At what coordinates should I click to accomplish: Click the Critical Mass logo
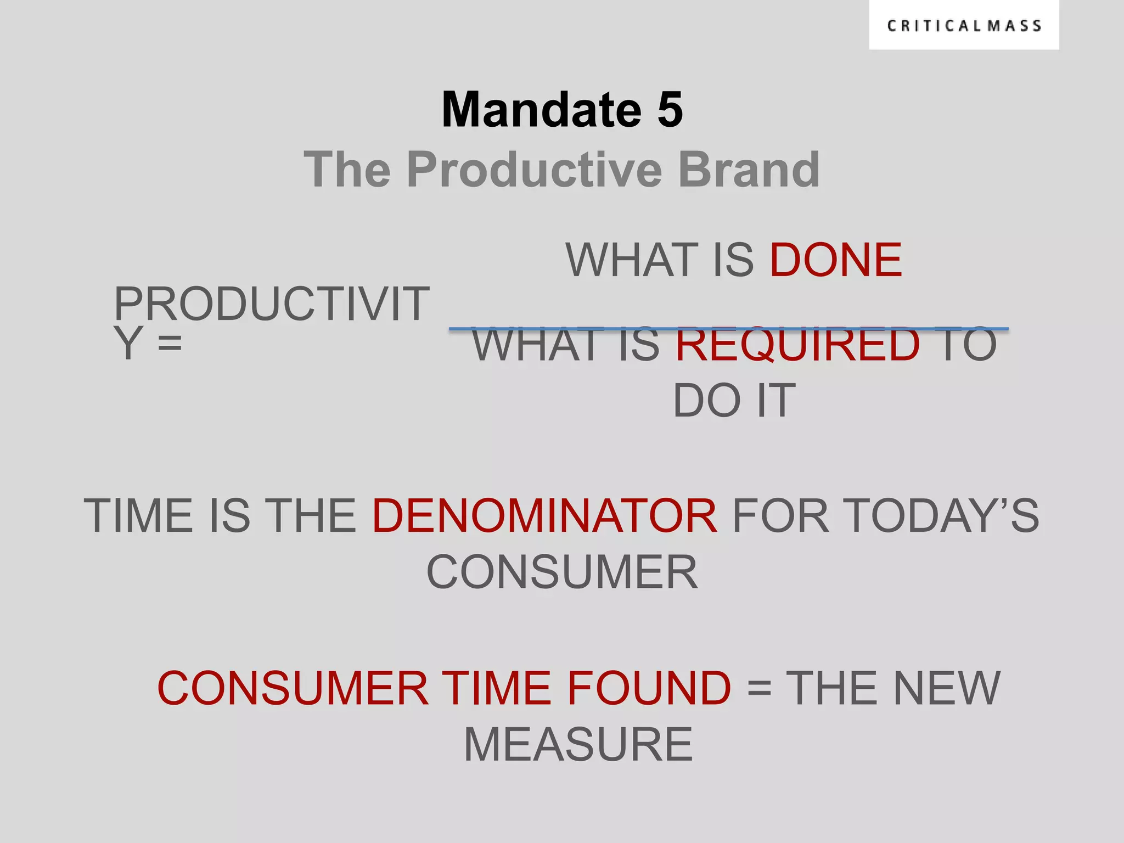964,26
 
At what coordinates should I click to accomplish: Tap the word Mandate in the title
541,110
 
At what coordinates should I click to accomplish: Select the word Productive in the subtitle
535,170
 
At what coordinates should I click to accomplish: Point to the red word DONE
835,260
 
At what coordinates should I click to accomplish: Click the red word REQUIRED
797,345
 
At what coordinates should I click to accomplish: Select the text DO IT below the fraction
734,401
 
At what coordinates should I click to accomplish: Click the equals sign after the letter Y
170,344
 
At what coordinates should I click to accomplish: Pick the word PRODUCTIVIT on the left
271,304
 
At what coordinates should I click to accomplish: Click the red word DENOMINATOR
544,516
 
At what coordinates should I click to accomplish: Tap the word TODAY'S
940,516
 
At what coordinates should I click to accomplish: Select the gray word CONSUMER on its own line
561,572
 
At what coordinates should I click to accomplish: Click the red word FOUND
648,688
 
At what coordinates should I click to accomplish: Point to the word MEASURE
578,745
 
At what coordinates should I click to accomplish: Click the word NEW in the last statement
946,688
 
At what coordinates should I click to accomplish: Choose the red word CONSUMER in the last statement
292,688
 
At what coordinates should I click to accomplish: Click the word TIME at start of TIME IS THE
138,516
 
